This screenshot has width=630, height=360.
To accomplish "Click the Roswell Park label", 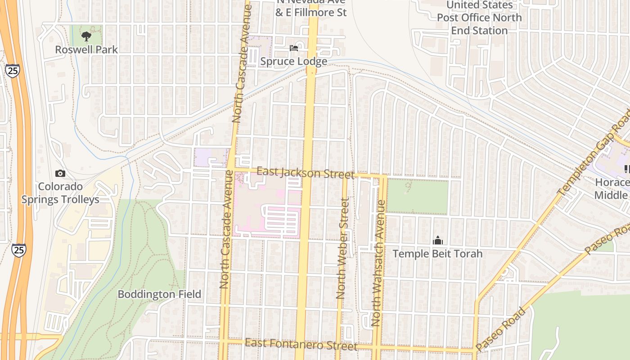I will tap(86, 49).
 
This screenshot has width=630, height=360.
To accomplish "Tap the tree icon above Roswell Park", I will tap(86, 36).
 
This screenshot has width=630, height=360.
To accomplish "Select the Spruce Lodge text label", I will tap(293, 61).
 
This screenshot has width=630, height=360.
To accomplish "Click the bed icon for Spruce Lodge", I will tap(294, 48).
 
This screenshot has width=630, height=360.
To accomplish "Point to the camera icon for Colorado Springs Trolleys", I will tap(60, 173).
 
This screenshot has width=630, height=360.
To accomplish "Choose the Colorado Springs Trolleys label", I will tap(60, 193).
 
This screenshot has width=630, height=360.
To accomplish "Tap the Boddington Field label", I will tap(159, 294).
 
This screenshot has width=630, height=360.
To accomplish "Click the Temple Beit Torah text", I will tap(437, 254).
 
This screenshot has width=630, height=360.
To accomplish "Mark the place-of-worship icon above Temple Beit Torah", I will tap(438, 241).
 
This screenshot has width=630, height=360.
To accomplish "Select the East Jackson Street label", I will tap(305, 173).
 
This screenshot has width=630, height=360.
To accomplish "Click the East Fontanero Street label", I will tap(301, 345).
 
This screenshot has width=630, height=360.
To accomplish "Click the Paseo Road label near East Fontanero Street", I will tap(501, 329).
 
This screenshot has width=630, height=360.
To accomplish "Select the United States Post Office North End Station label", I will tap(479, 18).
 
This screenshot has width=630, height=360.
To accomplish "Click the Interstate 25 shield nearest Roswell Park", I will tap(13, 70).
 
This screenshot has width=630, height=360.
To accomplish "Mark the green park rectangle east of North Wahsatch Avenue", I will tap(417, 197).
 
